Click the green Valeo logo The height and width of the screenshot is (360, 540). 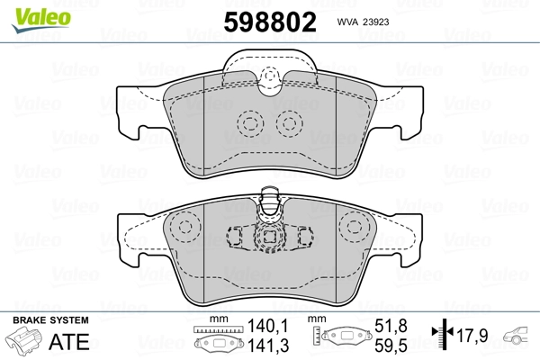point(41,20)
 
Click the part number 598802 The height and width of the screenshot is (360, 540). point(270,22)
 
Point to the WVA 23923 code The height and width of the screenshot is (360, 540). point(363,22)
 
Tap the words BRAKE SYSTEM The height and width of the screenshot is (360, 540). point(50,320)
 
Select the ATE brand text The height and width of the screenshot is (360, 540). point(69,342)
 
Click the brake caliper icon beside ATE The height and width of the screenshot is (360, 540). point(23,341)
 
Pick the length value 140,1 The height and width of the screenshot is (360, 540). point(268,326)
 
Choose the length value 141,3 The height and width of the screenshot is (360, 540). point(268,346)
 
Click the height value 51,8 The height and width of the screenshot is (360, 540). point(391,326)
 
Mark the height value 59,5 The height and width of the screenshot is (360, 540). point(391,346)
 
